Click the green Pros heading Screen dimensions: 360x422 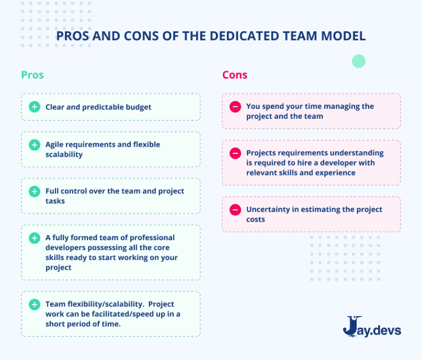coord(32,75)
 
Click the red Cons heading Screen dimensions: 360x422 coord(235,75)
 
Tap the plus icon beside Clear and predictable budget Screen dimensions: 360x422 coord(35,107)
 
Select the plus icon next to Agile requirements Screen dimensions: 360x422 coord(35,145)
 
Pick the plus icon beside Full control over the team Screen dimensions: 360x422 coord(35,191)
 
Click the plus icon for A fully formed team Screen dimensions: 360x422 coord(35,238)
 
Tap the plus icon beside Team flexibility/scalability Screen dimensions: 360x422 coord(35,304)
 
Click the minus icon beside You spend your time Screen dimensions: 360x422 coord(235,107)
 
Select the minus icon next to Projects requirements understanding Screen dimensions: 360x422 coord(235,153)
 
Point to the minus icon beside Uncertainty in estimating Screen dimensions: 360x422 coord(235,209)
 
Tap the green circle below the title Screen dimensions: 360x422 coord(358,61)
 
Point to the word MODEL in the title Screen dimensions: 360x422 coord(344,36)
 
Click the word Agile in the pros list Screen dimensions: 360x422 coord(56,145)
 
